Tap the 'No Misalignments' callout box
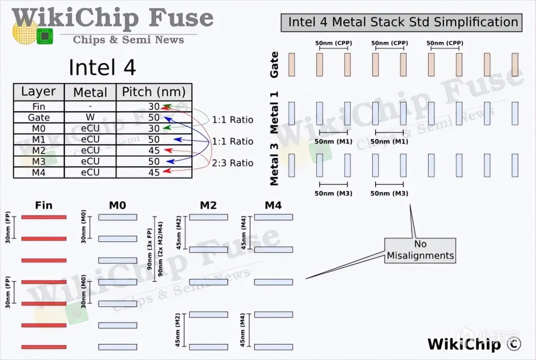coord(420,250)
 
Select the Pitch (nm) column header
coord(154,92)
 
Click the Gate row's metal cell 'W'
coord(90,117)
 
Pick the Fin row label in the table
coord(39,106)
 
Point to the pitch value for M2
coord(154,151)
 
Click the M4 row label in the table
coord(39,172)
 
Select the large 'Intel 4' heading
coord(102,67)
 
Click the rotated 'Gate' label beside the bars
coord(274,65)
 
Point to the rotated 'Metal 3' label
coord(274,165)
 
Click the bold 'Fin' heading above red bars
coord(44,206)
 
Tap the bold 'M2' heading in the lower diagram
coord(208,206)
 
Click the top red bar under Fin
coord(44,217)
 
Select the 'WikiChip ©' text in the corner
coord(474,344)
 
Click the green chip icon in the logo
coord(45,36)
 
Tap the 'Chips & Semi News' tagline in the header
coord(128,40)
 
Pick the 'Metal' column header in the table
coord(90,92)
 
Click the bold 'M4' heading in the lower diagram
coord(273,206)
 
